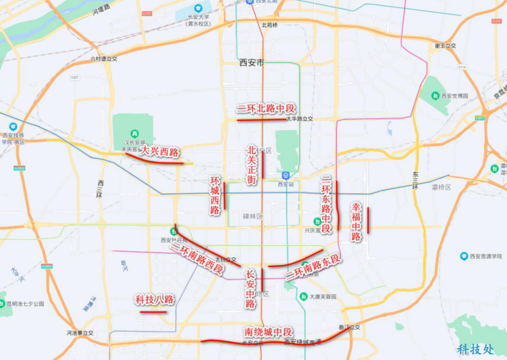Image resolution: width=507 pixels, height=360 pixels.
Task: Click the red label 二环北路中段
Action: (x=266, y=109)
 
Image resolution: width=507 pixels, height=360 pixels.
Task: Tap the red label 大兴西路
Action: (x=159, y=151)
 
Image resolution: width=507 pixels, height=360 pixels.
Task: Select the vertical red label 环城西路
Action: (x=216, y=196)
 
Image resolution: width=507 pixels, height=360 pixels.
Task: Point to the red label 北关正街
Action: (x=252, y=165)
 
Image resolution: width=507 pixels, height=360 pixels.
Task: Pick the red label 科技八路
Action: (x=154, y=300)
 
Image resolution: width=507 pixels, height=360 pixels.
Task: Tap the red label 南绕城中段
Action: (x=268, y=332)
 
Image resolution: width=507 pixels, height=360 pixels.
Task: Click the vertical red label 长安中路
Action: (x=250, y=289)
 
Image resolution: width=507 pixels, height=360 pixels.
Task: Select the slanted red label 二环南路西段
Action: (x=198, y=259)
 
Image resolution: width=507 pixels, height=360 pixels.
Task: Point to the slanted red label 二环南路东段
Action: (x=313, y=268)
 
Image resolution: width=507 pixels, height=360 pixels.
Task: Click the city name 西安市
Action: (x=252, y=63)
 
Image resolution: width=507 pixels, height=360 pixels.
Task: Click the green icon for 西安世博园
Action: (x=434, y=95)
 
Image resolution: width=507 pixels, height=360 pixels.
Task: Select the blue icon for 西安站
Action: (x=286, y=175)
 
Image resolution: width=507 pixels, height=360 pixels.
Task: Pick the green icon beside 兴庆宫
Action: (x=317, y=222)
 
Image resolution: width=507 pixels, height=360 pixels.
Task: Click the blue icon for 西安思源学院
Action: (x=463, y=257)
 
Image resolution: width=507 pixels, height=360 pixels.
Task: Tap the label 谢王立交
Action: (x=445, y=46)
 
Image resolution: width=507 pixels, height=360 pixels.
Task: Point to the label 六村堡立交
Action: (x=103, y=59)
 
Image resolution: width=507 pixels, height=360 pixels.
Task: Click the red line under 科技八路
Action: (x=153, y=312)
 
